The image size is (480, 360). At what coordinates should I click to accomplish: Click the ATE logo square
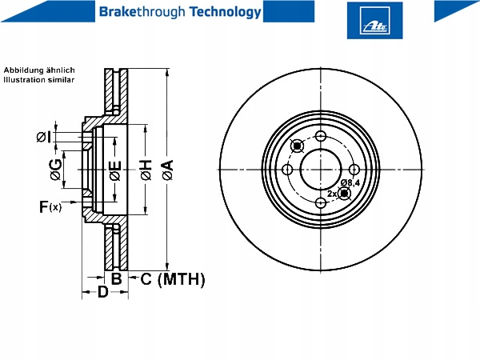374,21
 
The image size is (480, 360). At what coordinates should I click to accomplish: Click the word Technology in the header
226,12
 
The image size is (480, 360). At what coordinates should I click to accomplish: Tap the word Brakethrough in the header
142,12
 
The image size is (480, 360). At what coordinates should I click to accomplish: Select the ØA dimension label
168,170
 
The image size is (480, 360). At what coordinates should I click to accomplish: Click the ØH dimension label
146,170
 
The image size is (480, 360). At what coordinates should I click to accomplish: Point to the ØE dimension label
115,170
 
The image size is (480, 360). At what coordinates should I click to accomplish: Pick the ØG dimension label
56,170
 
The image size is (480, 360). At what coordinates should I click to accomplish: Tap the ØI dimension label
43,137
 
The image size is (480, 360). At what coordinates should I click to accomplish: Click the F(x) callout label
50,207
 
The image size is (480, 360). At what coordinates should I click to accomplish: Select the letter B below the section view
116,279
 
